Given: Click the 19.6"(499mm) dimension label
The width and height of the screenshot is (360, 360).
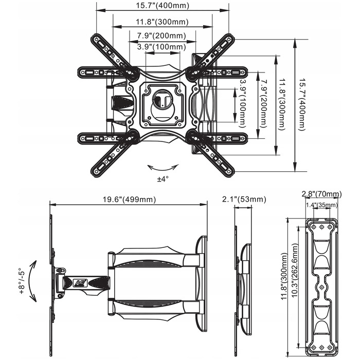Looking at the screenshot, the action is pos(129,200).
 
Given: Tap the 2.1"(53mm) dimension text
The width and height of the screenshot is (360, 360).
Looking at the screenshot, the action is pos(244,200).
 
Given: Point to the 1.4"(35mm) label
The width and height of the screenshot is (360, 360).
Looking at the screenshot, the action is pos(321,205).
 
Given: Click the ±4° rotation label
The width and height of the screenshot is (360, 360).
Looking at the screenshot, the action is pos(163,178).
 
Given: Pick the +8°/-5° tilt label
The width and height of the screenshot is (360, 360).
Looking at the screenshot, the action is pos(21,281).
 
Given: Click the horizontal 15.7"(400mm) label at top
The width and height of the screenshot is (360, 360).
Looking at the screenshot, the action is pos(163,5).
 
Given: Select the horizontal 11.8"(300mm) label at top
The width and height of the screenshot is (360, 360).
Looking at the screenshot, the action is pos(162,22).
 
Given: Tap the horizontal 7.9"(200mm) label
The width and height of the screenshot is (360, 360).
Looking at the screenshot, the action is pos(161,35).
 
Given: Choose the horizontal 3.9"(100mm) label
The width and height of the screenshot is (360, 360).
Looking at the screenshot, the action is pos(161,47).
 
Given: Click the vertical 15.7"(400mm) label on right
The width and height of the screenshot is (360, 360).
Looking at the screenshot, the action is pos(302,105).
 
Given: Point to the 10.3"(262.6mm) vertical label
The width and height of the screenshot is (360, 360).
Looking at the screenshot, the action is pos(295,270).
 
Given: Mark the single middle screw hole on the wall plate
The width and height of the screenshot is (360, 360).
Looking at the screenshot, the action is pos(321,287).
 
